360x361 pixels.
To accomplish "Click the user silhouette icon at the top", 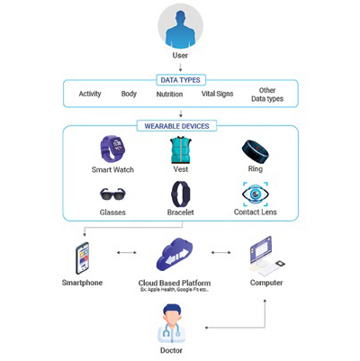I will pos(179,27).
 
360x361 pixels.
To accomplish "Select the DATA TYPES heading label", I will pos(180,79).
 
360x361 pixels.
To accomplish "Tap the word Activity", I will pos(90,94).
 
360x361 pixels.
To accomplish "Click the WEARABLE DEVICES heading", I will pos(180,125).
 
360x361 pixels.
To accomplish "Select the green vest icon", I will pos(180,149).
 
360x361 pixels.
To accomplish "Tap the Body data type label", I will pos(130,94).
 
